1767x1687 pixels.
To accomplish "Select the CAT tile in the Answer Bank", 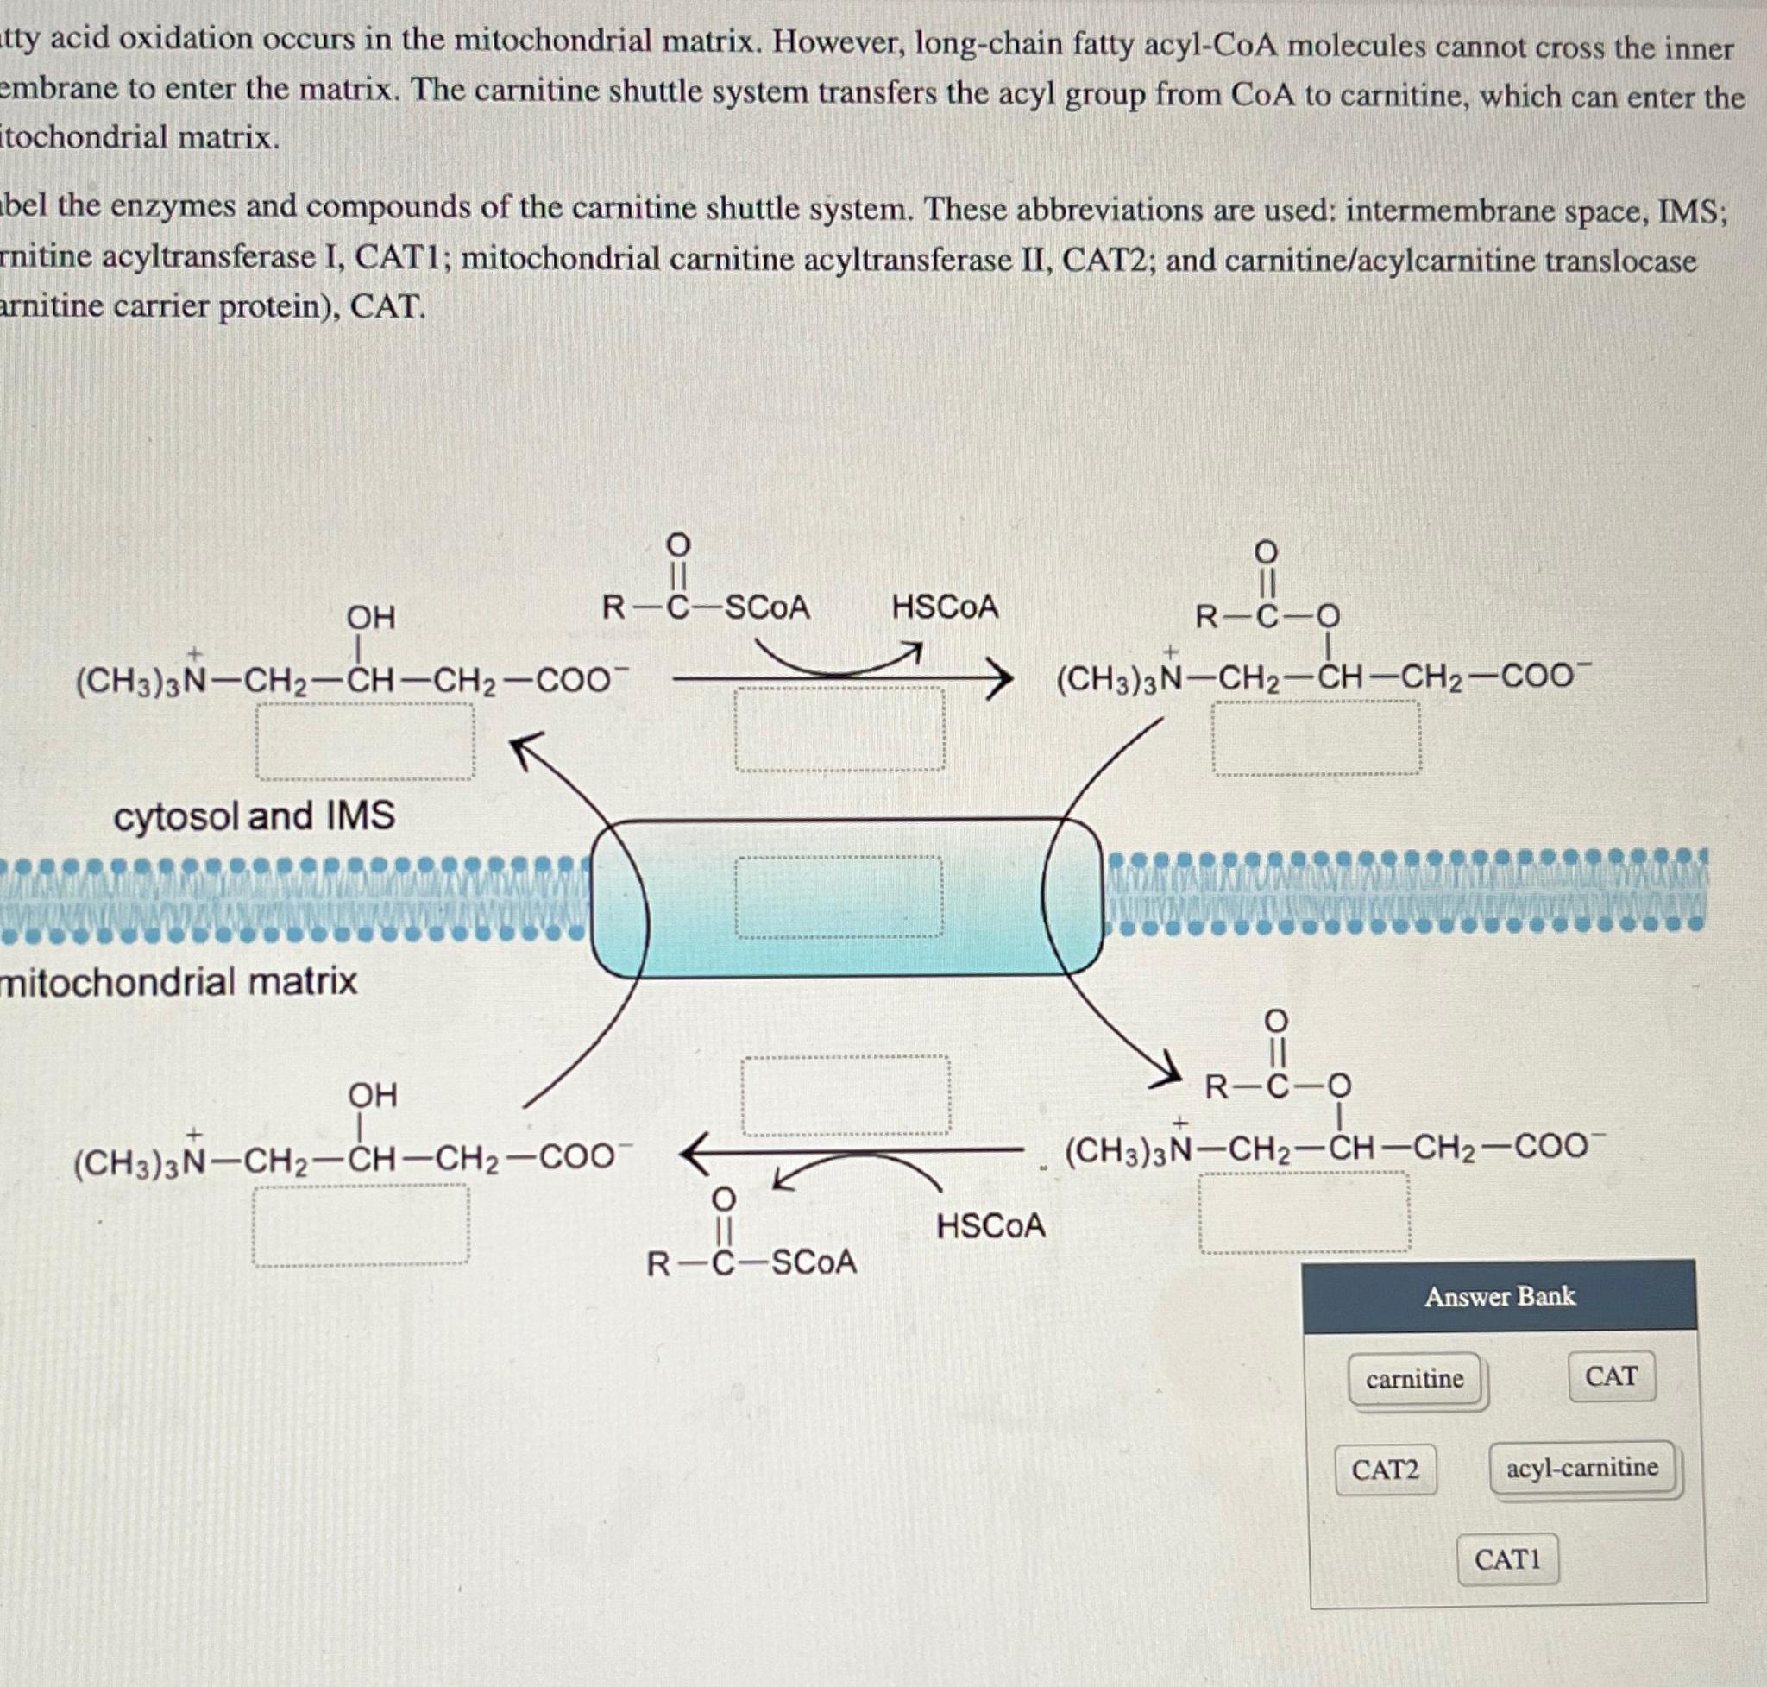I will pos(1612,1376).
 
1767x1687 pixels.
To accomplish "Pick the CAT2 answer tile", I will pos(1385,1470).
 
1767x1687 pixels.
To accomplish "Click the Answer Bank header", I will pos(1500,1297).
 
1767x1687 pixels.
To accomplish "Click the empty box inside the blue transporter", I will pos(839,897).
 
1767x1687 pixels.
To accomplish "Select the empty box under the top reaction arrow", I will pos(839,729).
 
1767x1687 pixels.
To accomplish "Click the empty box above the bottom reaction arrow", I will pos(846,1095).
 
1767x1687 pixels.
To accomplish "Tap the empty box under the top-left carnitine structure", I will pos(365,740).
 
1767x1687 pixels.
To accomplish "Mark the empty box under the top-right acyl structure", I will pos(1317,738).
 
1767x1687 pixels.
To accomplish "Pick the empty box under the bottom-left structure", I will pos(361,1225).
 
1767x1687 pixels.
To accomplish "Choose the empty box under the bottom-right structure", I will pos(1305,1212).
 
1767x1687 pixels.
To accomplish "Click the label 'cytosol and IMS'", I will pos(255,816).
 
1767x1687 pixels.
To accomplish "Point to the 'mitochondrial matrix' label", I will pos(179,980).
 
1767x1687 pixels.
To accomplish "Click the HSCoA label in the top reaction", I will pos(945,607).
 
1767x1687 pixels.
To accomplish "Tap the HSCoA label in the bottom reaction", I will pos(991,1225).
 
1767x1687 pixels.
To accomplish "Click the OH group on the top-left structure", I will pos(370,618).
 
